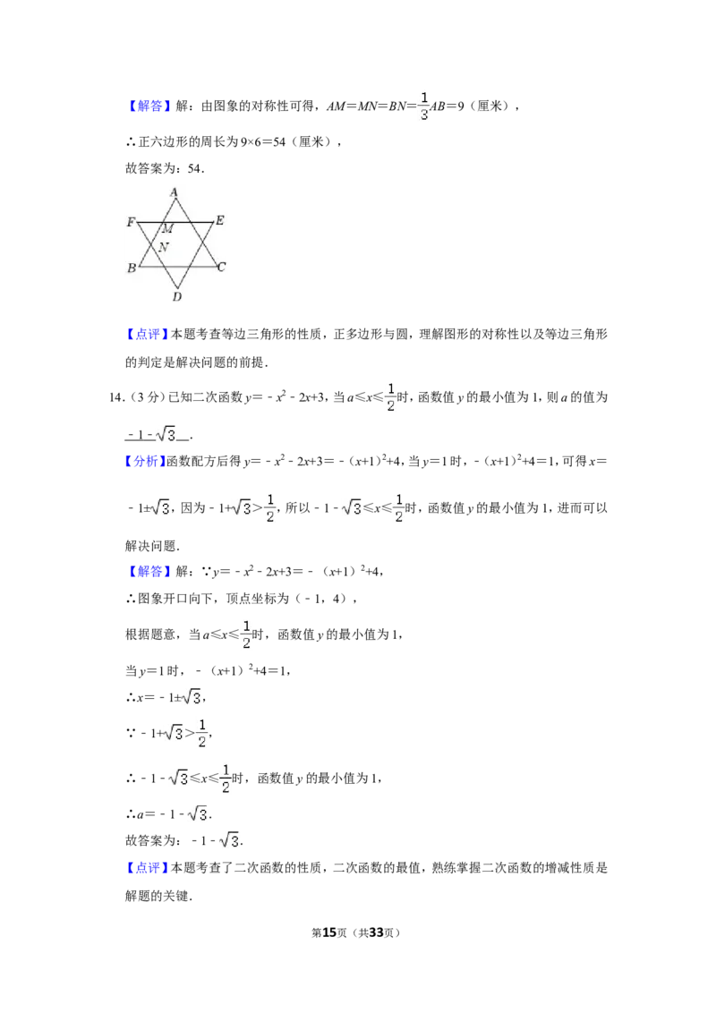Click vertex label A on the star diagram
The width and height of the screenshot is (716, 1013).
174,192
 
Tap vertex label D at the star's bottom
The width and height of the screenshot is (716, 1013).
176,296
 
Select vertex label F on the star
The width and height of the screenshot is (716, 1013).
131,222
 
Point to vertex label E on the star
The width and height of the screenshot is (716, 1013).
219,220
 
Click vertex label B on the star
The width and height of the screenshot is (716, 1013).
132,268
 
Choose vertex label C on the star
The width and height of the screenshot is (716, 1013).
222,267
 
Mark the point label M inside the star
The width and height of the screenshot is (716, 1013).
168,229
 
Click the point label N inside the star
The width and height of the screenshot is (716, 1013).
164,247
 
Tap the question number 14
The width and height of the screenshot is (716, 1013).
116,397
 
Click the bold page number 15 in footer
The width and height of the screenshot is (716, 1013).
329,932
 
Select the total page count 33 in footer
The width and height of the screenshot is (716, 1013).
376,932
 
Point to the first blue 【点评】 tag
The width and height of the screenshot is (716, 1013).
147,334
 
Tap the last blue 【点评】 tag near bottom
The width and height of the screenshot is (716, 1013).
147,868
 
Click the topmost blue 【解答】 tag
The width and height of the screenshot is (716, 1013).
147,106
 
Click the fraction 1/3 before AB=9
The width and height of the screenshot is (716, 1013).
424,106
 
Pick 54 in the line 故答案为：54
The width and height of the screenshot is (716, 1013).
194,168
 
